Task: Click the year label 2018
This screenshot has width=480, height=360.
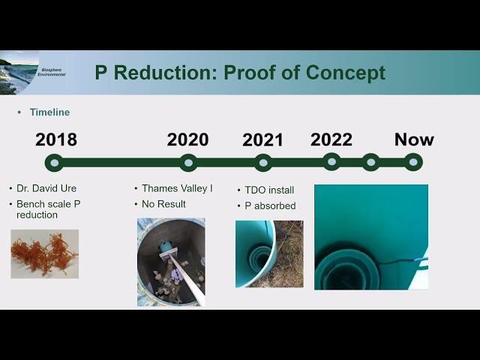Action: pos(56,139)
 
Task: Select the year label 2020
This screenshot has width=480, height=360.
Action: pos(187,139)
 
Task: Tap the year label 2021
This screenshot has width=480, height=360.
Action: pos(262,140)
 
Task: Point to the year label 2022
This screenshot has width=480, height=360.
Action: pos(331,139)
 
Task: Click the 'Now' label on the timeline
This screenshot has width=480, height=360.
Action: pos(414,139)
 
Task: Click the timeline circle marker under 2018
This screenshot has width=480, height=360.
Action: pos(53,162)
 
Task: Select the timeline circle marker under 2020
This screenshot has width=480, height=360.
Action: pos(188,162)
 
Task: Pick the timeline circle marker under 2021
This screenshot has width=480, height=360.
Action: pos(262,162)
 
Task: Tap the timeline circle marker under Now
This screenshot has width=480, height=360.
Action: pos(413,162)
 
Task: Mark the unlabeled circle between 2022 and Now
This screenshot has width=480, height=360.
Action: pos(370,162)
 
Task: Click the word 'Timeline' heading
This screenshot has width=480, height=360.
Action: pos(49,112)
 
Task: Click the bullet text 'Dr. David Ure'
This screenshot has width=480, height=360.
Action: pos(46,189)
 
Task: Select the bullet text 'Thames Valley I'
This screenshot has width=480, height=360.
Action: pos(177,188)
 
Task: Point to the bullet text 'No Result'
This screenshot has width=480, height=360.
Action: pos(163,204)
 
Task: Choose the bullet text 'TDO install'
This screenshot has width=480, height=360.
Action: pos(269,190)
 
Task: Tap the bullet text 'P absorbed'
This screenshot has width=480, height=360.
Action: pos(270,205)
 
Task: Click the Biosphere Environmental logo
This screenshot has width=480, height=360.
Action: pos(33,72)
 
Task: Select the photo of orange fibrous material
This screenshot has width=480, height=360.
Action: pos(44,254)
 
